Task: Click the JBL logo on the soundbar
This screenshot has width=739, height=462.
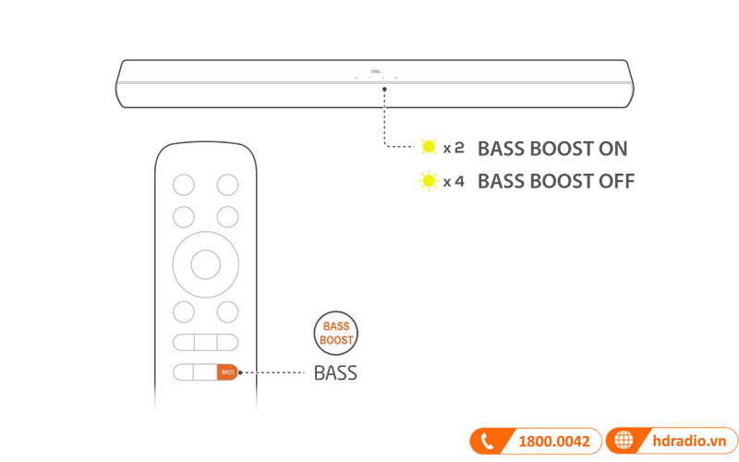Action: (x=376, y=68)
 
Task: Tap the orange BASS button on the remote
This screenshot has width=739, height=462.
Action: (x=227, y=372)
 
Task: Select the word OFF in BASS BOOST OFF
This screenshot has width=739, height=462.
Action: (x=615, y=181)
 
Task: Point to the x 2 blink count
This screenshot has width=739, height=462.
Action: (x=454, y=148)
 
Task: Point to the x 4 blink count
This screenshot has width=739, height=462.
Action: (x=454, y=181)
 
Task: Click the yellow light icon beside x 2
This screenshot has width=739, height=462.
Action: (x=428, y=147)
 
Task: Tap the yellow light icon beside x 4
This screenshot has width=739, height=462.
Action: (x=428, y=180)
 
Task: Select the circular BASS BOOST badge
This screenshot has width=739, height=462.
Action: (x=336, y=334)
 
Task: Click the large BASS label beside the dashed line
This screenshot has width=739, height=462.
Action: (x=335, y=373)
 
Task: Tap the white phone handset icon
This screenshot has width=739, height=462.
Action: (x=487, y=442)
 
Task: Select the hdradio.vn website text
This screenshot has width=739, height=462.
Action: (x=684, y=442)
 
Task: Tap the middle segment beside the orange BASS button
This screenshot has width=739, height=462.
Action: (x=205, y=372)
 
